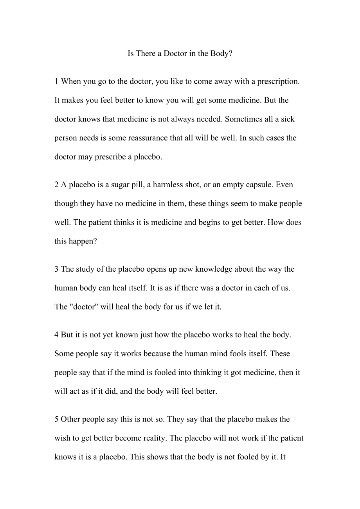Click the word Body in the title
tap(220, 54)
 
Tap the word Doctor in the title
tap(175, 54)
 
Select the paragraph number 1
tap(56, 82)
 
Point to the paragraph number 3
tap(56, 269)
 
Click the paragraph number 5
tap(56, 419)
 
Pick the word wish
tap(61, 438)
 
